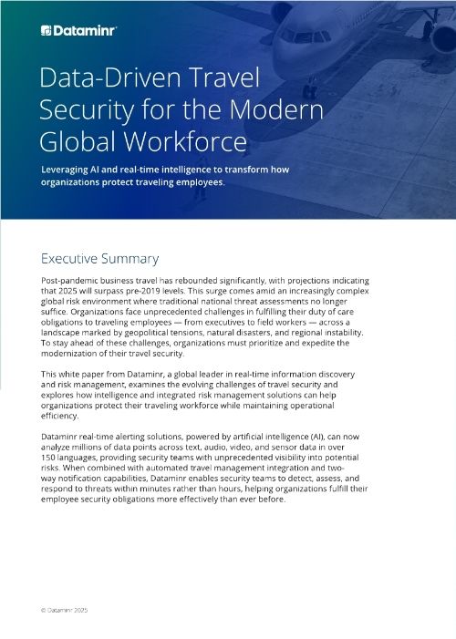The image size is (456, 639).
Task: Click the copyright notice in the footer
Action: click(66, 610)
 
